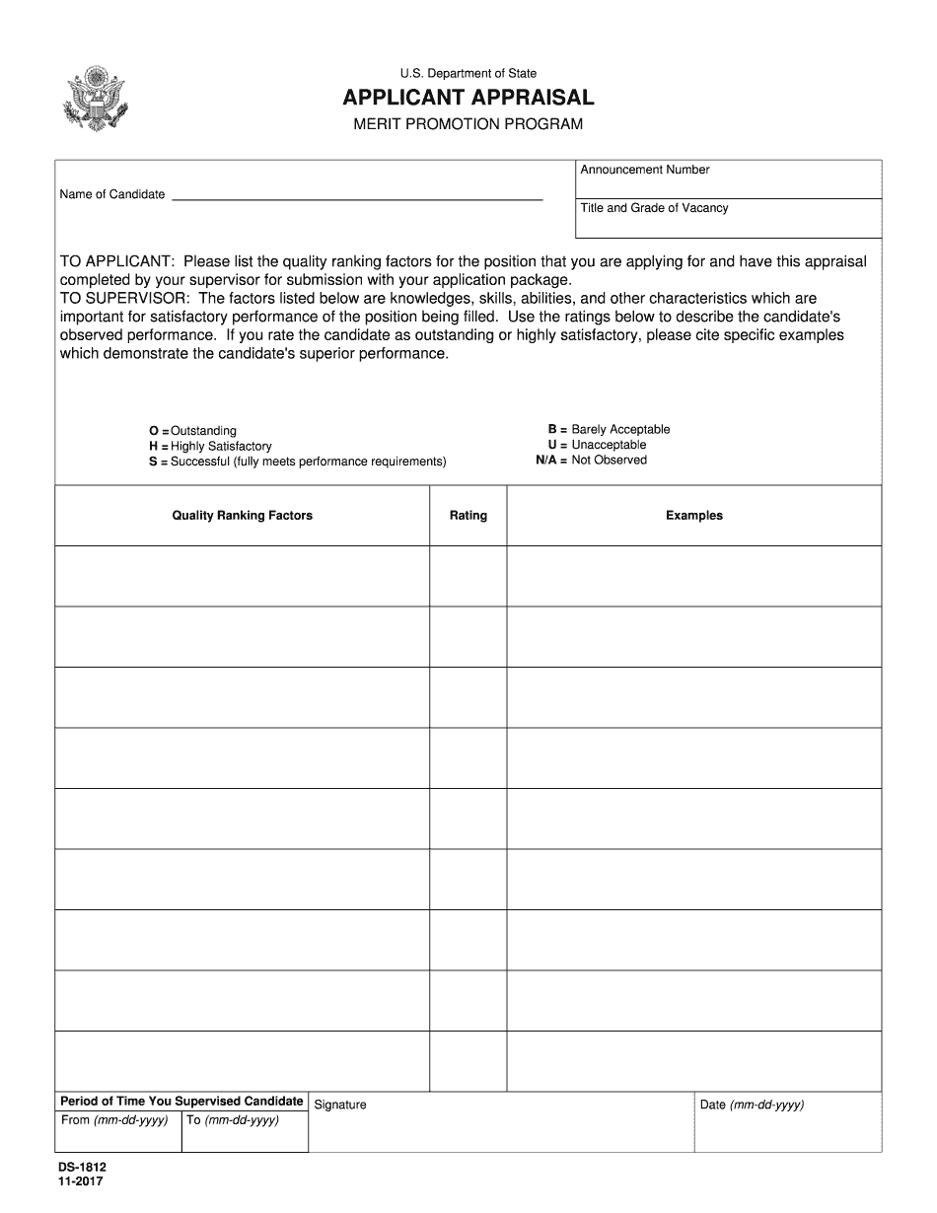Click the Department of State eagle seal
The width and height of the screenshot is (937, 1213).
(x=96, y=99)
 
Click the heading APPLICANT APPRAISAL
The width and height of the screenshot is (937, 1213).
(x=468, y=98)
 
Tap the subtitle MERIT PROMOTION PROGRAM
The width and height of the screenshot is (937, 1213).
(x=468, y=124)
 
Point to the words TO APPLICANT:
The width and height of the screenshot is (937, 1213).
(x=117, y=262)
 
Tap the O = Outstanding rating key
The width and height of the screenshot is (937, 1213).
(x=193, y=431)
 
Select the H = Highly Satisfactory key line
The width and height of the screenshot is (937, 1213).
(x=210, y=447)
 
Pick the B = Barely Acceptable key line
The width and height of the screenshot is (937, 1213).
(x=609, y=430)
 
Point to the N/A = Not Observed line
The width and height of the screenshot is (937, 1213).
(x=592, y=461)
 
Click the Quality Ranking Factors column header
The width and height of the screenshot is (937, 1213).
(x=243, y=516)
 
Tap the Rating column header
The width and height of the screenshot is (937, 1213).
(x=468, y=516)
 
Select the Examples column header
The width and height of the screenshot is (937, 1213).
(x=694, y=516)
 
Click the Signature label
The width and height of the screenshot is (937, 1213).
(x=340, y=1106)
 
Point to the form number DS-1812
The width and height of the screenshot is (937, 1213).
(x=82, y=1168)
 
